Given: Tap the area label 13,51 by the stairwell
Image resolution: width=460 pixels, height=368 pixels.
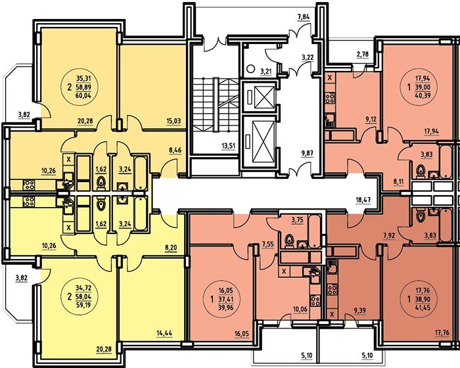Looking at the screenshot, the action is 229,145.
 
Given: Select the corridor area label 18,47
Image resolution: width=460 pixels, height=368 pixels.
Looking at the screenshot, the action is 364,200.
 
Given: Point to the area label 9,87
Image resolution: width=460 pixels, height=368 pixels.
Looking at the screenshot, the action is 308,152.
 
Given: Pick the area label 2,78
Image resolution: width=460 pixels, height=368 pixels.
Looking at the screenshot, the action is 363,54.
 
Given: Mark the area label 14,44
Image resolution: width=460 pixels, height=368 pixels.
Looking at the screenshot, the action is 164,333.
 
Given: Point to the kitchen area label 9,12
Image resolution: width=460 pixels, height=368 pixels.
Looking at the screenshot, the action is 371,120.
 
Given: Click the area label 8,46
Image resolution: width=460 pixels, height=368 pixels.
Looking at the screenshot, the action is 175,150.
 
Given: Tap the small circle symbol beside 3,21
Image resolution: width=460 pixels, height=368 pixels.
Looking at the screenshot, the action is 250,69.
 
